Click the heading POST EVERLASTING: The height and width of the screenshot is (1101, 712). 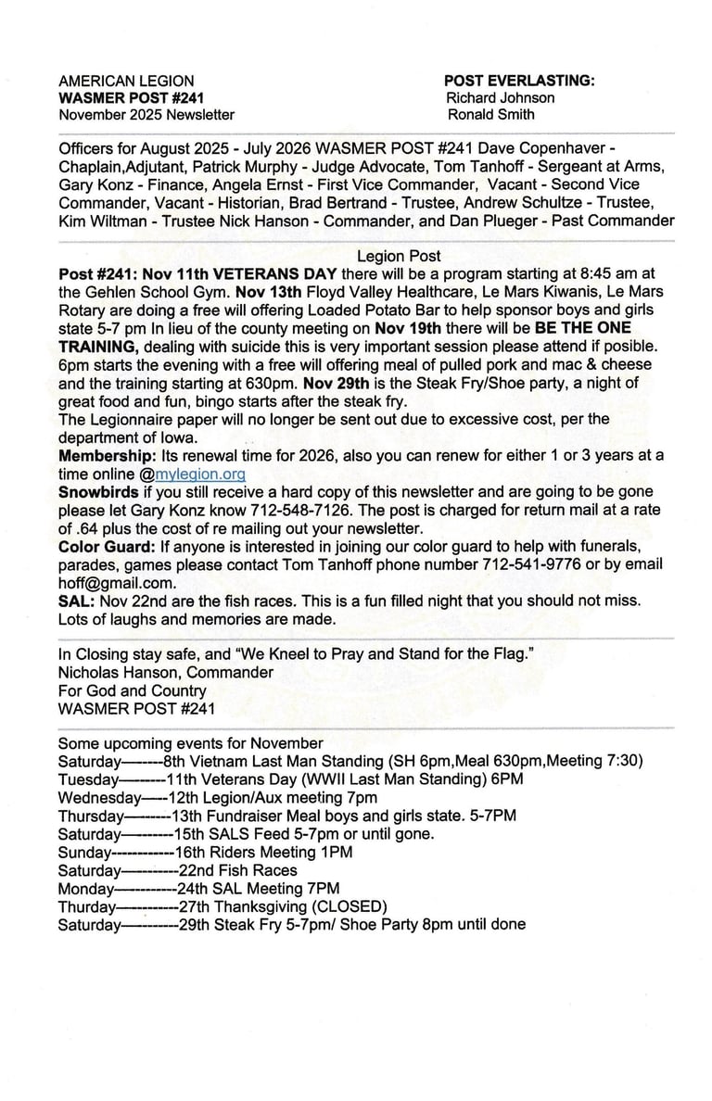click(x=519, y=81)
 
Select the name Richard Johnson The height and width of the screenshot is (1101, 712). click(x=501, y=97)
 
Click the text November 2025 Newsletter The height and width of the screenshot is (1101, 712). click(x=146, y=115)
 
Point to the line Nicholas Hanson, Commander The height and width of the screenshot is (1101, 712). click(x=165, y=672)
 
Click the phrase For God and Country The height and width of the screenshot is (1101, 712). click(x=132, y=690)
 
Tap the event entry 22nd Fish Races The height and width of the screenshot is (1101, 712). click(x=238, y=870)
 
